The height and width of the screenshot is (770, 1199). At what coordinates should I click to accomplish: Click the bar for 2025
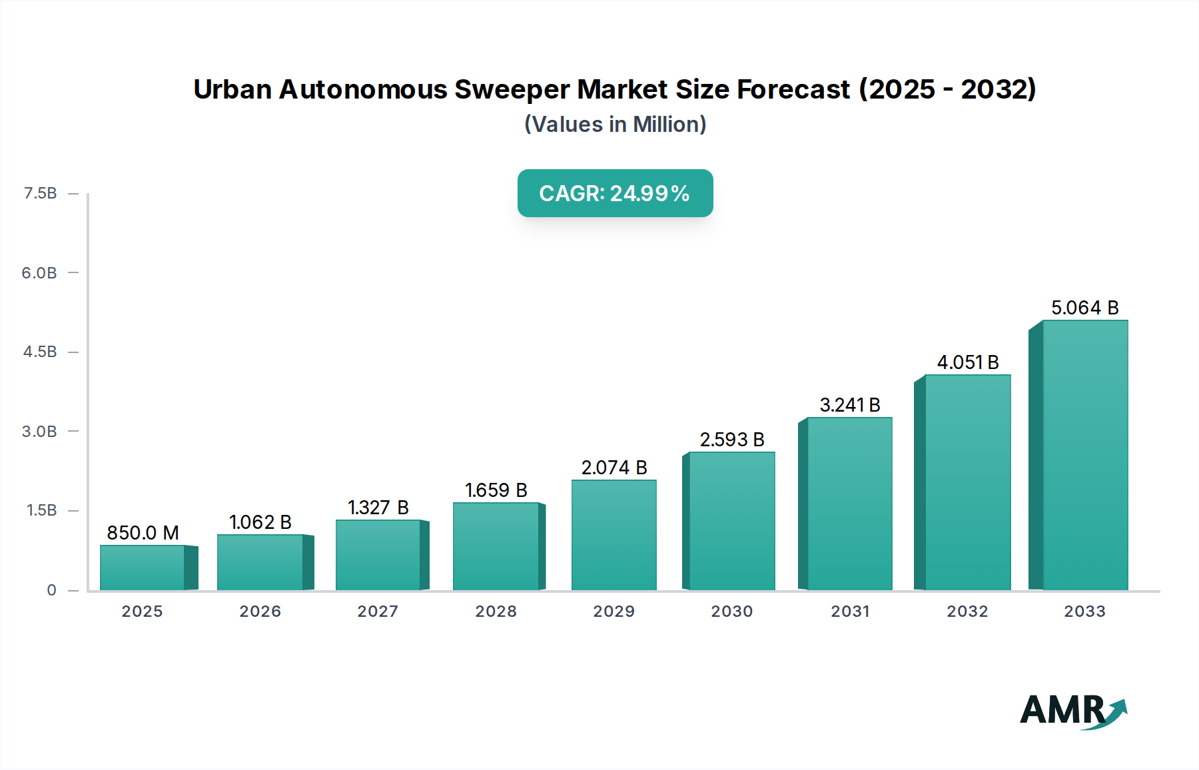[x=143, y=568]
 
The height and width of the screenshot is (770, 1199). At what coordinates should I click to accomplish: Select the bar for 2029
[x=614, y=535]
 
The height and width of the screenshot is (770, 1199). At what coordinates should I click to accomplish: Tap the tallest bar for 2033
[x=1085, y=455]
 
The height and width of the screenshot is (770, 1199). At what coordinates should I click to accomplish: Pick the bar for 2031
[x=849, y=504]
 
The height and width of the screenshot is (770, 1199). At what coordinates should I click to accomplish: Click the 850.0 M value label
[x=143, y=533]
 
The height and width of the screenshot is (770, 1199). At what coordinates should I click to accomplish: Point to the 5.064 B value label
[x=1084, y=308]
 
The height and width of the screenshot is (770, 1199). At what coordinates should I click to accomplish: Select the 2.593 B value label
[x=731, y=440]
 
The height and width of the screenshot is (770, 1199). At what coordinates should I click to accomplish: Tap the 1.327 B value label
[x=378, y=508]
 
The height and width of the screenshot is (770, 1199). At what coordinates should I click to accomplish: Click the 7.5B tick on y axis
[x=41, y=193]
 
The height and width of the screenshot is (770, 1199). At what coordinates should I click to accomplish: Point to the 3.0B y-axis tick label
[x=39, y=432]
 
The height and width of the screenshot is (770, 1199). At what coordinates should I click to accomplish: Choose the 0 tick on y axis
[x=51, y=590]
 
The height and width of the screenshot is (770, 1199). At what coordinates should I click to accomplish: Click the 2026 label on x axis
[x=260, y=611]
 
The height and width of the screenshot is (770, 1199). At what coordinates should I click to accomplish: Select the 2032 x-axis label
[x=967, y=611]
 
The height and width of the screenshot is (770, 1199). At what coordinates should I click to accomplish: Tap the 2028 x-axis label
[x=496, y=611]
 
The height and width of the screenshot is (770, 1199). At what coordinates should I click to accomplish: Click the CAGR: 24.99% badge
[x=615, y=193]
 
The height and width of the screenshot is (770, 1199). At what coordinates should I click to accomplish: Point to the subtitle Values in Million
[x=615, y=125]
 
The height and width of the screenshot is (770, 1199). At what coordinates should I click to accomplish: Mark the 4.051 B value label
[x=967, y=362]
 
